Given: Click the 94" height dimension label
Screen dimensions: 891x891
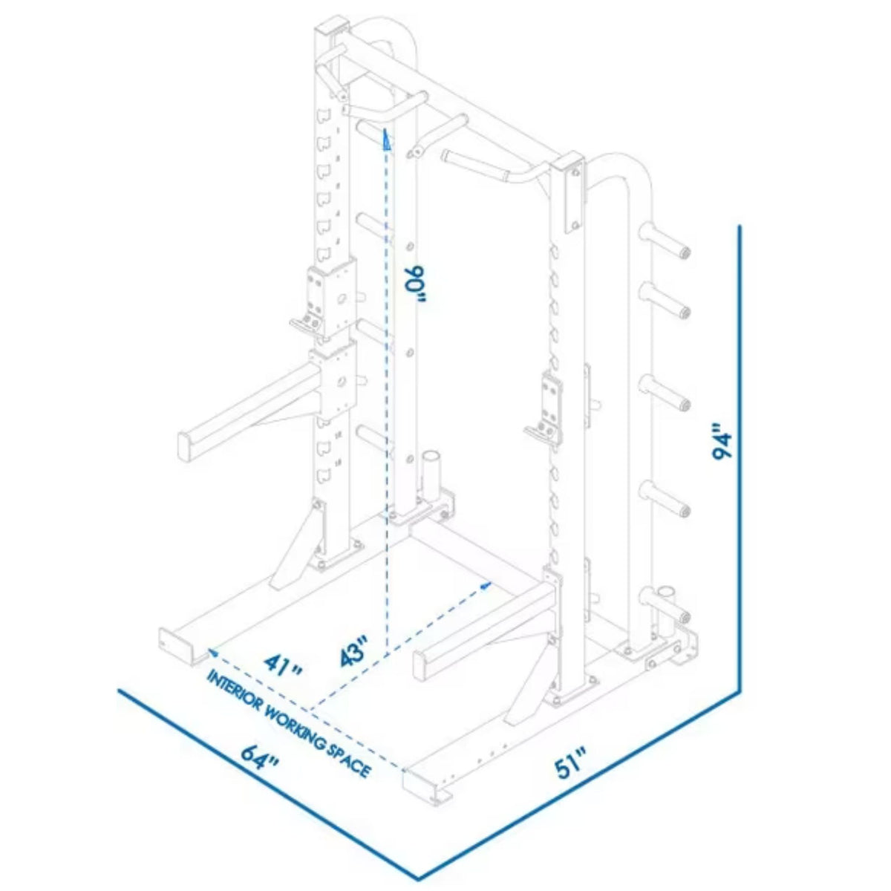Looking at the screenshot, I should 722,442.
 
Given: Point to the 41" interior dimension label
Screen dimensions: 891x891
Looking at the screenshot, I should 284,663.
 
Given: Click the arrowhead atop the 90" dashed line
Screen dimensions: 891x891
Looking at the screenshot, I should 386,139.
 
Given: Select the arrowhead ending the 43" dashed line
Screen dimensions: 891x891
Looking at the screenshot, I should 486,584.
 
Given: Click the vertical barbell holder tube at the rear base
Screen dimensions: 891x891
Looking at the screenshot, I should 431,475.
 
